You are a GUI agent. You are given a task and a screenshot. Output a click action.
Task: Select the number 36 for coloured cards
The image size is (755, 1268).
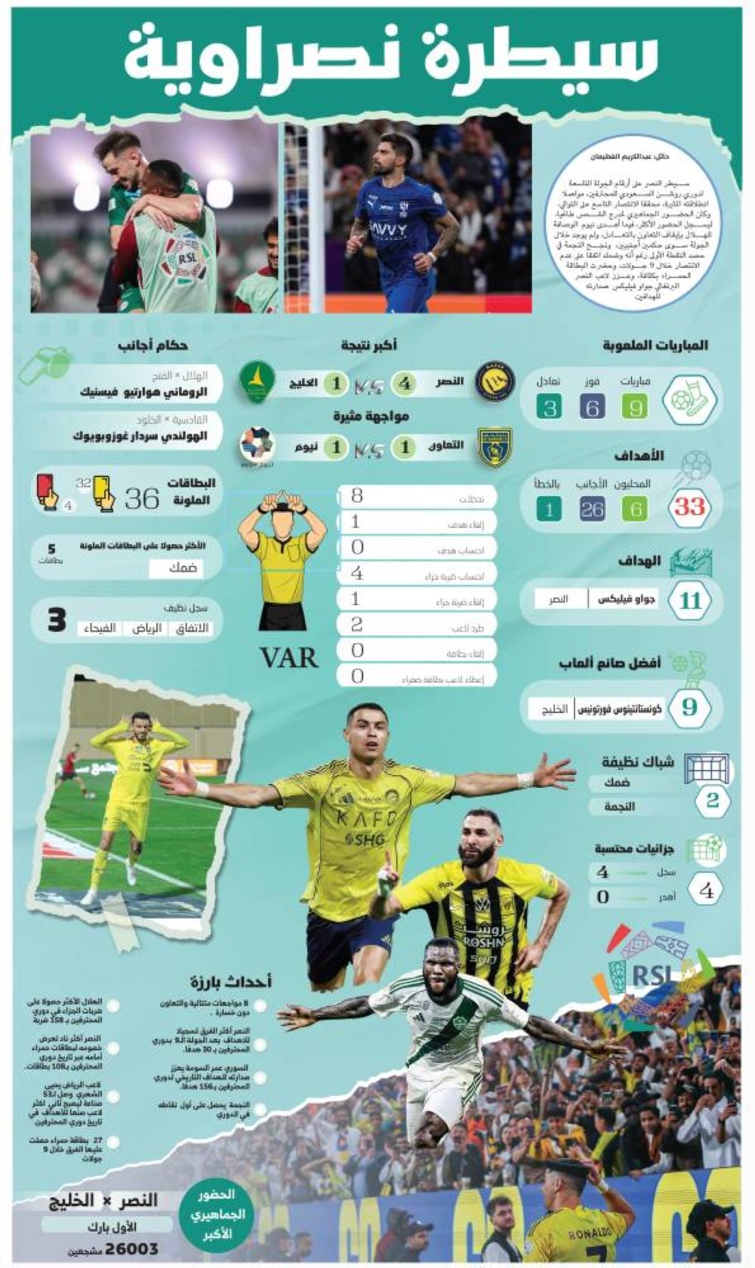coord(142,499)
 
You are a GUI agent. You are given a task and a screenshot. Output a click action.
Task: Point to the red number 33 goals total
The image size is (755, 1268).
coord(689,507)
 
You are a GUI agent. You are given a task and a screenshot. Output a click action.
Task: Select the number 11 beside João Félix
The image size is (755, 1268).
coord(690,602)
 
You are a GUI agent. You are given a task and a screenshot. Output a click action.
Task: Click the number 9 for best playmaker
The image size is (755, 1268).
coord(689,708)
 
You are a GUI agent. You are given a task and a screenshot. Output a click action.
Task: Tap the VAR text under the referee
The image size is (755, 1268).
coord(289,658)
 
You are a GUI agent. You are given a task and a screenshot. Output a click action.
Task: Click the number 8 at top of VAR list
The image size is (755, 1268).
coord(357,496)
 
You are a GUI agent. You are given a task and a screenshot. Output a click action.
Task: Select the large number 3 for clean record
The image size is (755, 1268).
coord(57,621)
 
